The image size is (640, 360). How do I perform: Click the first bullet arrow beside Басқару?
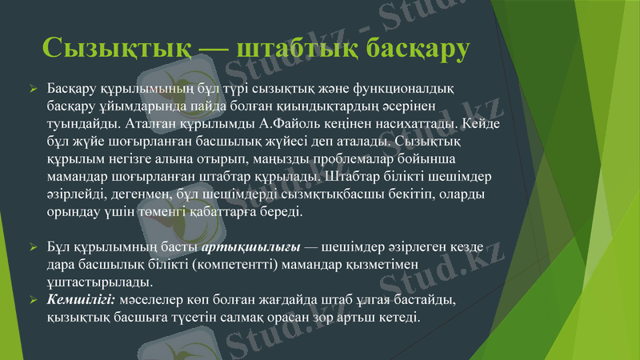[34, 87]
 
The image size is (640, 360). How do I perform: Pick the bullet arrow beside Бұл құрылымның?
[34, 246]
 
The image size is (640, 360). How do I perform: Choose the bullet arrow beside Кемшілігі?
[34, 301]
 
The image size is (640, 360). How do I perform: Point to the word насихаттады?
[400, 124]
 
